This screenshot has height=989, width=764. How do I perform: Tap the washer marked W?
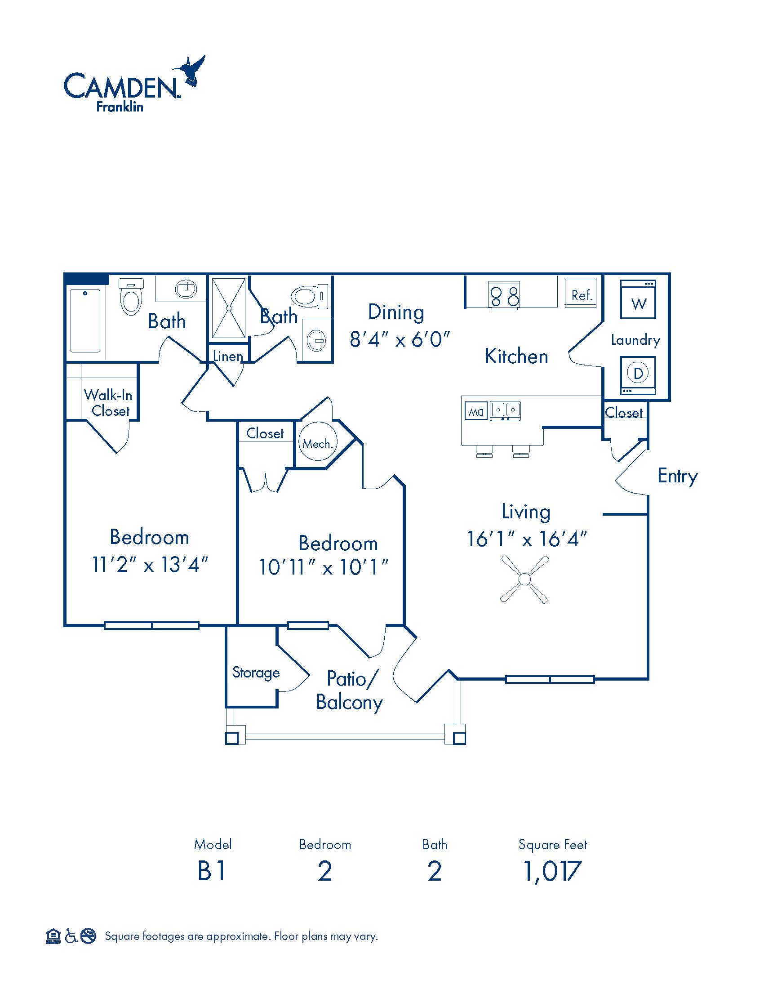pos(638,299)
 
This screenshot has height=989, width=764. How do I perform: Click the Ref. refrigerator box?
pos(581,294)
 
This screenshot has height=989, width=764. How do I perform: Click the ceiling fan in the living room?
pos(524,579)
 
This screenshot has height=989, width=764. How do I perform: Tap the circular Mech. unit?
pos(318,442)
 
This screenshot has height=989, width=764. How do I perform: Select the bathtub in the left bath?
pos(85,320)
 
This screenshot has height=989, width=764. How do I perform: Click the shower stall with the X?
pos(229,308)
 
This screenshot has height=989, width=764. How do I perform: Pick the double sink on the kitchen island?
pos(505,411)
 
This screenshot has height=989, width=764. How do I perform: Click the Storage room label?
pos(256,673)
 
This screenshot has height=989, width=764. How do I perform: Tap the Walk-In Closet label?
pos(109,403)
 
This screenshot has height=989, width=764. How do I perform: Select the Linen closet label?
pos(228,356)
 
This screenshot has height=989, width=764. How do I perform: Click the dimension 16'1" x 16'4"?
pos(527,539)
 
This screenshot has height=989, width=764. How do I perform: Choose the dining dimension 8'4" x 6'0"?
pos(400,339)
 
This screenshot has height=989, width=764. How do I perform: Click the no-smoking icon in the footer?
pos(89,936)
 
